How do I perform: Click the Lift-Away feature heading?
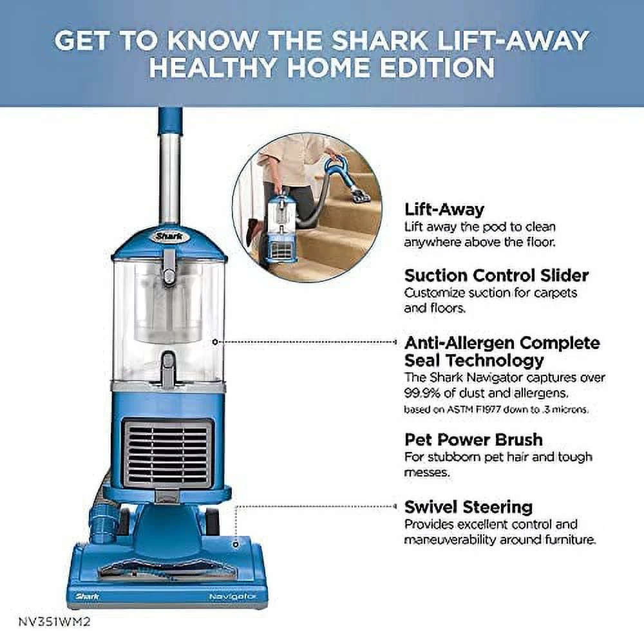[x=444, y=209]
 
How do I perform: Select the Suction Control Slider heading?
[x=497, y=276]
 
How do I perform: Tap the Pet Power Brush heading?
[x=473, y=440]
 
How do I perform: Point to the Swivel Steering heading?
[x=469, y=507]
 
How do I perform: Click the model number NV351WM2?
[x=54, y=621]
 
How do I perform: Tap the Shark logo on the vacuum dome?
[x=169, y=236]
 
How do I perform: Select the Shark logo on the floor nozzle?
[x=87, y=596]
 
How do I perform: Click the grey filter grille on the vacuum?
[x=168, y=454]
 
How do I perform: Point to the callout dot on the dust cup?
[x=215, y=341]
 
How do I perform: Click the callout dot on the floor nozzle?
[x=236, y=545]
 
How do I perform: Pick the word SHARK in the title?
[x=379, y=40]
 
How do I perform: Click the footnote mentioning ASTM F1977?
[x=497, y=410]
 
